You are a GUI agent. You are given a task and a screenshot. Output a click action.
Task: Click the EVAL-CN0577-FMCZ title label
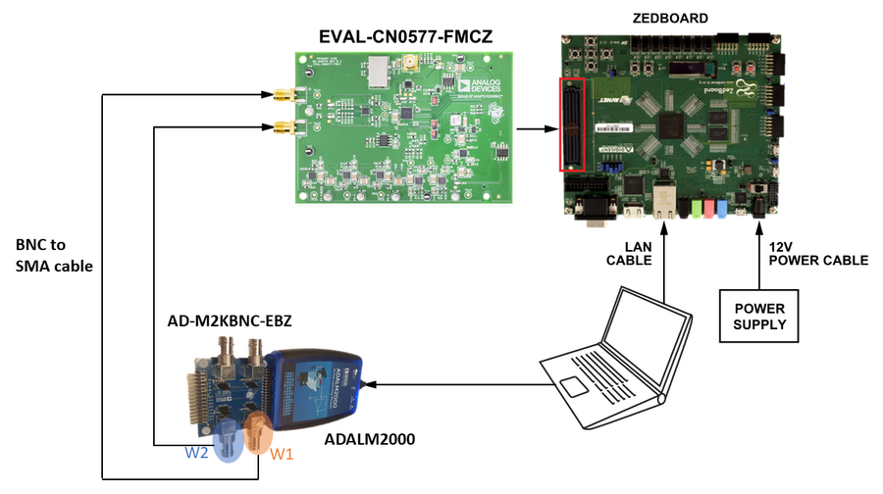click(x=405, y=37)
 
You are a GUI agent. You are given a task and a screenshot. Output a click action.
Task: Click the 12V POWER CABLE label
click(x=818, y=253)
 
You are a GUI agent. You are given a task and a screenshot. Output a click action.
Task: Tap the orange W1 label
click(x=282, y=454)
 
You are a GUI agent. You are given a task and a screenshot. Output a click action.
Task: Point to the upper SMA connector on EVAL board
click(x=284, y=95)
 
